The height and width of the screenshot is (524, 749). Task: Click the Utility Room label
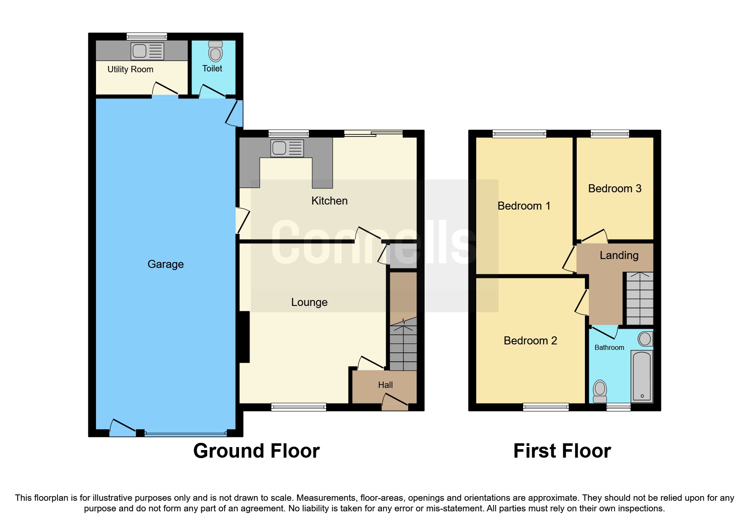(130, 69)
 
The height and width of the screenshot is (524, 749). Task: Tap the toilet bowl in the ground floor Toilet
(215, 53)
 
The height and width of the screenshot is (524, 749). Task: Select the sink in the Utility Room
(147, 51)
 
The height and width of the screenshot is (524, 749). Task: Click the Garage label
(165, 264)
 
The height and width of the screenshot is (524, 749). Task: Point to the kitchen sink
(287, 148)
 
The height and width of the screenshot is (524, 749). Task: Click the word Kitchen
(329, 201)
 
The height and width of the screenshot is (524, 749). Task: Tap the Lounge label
(309, 302)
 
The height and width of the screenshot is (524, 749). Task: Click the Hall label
(385, 385)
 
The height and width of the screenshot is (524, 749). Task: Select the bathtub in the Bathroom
(642, 376)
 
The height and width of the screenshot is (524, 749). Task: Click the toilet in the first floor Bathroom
(600, 391)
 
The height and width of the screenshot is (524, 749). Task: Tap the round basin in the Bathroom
(645, 338)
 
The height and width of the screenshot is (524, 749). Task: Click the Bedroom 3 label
(615, 188)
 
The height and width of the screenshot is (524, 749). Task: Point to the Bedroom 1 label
(524, 206)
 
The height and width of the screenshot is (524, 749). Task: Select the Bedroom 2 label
(530, 341)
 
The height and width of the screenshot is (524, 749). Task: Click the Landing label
(619, 255)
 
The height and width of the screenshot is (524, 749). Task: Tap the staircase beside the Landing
(639, 298)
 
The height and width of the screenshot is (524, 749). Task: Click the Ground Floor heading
(256, 451)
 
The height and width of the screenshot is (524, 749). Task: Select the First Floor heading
(562, 451)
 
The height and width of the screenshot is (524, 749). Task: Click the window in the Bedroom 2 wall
(546, 407)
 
